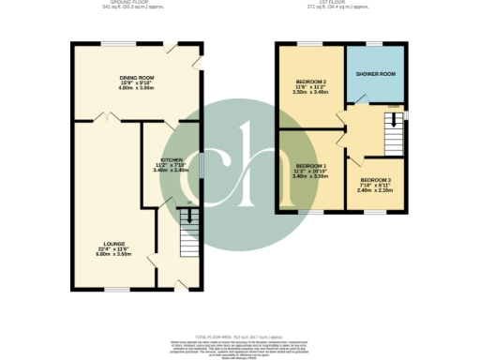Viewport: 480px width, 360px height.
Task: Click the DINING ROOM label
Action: tap(134, 77)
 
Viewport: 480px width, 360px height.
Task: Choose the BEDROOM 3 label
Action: tap(375, 179)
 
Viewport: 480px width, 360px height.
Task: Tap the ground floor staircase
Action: tap(190, 230)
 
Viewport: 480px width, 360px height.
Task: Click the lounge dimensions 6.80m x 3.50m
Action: tap(103, 253)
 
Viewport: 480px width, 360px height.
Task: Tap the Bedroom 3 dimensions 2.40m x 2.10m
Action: tap(375, 189)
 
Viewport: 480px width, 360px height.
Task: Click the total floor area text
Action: tap(240, 335)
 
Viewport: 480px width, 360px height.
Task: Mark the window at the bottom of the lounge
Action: tap(116, 290)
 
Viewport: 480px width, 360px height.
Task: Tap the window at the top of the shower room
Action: tap(374, 43)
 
